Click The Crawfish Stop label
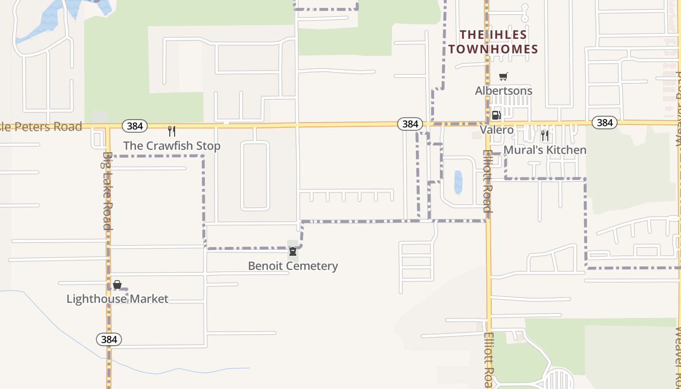tap(172, 146)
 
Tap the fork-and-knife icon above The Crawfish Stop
tap(172, 131)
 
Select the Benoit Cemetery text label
tap(293, 266)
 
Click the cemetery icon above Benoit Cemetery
tap(293, 251)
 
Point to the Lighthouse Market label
tap(117, 299)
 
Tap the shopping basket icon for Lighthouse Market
tap(117, 284)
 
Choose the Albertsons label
tap(503, 91)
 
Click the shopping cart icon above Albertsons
tap(503, 76)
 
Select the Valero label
tap(497, 130)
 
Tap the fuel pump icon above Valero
tap(497, 115)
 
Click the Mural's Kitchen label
tap(545, 150)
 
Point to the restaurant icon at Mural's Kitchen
tap(545, 135)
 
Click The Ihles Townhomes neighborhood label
tap(493, 42)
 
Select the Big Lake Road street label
tap(108, 191)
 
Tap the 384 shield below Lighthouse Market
tap(109, 339)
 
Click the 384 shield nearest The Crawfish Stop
tap(135, 126)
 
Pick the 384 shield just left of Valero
tap(410, 124)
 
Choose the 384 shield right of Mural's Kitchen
tap(605, 123)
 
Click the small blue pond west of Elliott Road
tap(458, 182)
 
